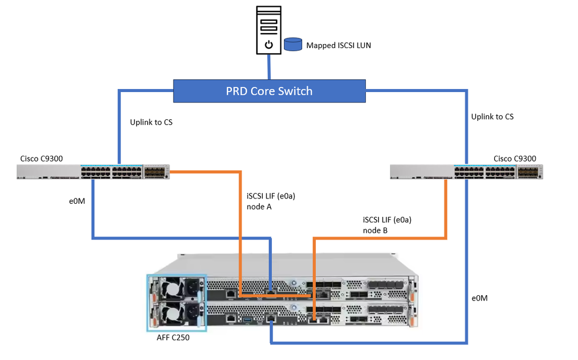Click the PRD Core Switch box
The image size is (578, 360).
tap(269, 91)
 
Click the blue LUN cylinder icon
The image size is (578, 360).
tap(293, 45)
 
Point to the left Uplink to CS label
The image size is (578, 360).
tap(152, 122)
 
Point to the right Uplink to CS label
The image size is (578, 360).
tap(492, 117)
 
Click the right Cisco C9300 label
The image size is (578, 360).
tap(514, 159)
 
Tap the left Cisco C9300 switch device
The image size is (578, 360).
tap(93, 171)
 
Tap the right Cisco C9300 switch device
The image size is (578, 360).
tap(466, 171)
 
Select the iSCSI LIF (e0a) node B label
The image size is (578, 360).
tap(386, 225)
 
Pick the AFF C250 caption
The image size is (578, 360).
tap(173, 338)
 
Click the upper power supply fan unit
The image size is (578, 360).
tap(175, 288)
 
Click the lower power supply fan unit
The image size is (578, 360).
tap(175, 315)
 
